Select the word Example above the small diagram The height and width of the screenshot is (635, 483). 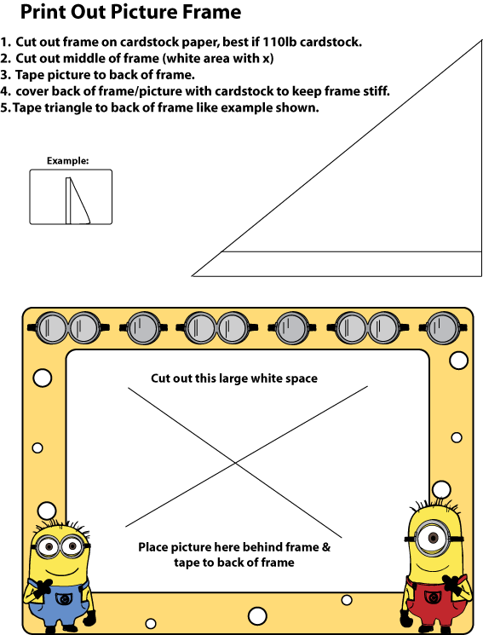[x=67, y=161]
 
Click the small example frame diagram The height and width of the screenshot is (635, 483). [x=71, y=197]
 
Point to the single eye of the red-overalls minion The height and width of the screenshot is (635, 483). [x=434, y=538]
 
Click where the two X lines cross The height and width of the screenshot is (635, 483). [x=236, y=463]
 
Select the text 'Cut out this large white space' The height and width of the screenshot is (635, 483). [x=234, y=378]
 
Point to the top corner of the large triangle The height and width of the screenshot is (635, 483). [x=482, y=40]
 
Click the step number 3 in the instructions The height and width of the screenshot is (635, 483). [x=4, y=75]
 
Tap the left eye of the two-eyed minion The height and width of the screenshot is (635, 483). [x=49, y=546]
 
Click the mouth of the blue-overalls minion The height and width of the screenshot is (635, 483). [x=60, y=572]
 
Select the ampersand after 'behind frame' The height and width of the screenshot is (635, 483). [x=326, y=547]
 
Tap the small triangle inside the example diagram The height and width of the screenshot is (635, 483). [x=78, y=201]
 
